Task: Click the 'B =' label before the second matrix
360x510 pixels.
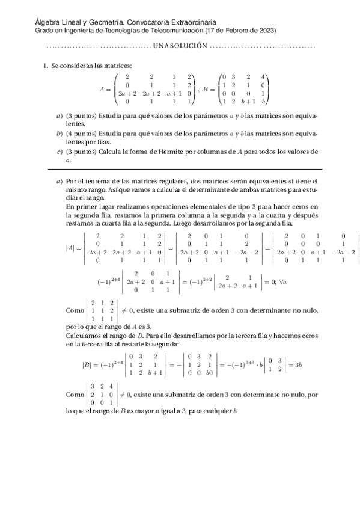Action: (208, 89)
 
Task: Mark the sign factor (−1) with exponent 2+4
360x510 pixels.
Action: (107, 280)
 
